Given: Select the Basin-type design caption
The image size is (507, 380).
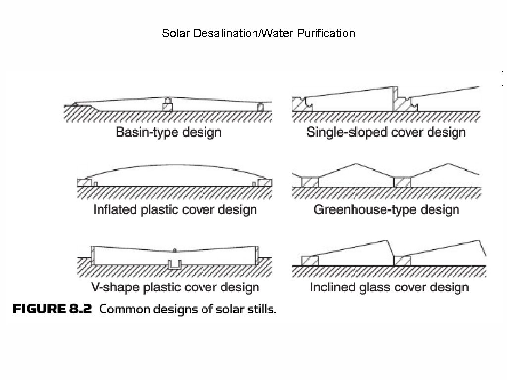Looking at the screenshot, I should click(x=168, y=132).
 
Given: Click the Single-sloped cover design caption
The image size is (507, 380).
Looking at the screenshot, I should click(x=386, y=132).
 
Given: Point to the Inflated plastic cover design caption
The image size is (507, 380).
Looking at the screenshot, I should click(x=175, y=209).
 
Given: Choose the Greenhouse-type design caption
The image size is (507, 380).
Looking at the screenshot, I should click(x=386, y=209).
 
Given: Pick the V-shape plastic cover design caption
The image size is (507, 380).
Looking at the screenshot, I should click(x=175, y=287).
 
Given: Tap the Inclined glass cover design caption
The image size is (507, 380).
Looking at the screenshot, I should click(x=389, y=287).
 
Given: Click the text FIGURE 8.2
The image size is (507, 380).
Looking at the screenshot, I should click(x=52, y=310).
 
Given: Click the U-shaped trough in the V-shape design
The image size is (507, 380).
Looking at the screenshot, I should click(x=174, y=265).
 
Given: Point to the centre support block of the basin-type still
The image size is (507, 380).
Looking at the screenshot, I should click(x=168, y=105).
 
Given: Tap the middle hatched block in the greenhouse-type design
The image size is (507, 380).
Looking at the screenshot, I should click(x=402, y=182).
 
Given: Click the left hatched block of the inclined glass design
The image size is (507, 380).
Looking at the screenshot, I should click(x=309, y=261).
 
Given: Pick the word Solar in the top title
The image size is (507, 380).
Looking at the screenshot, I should click(x=174, y=34).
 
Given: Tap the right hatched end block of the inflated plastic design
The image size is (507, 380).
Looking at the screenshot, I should click(x=265, y=182).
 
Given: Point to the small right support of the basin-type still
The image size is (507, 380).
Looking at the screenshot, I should click(x=261, y=107).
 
